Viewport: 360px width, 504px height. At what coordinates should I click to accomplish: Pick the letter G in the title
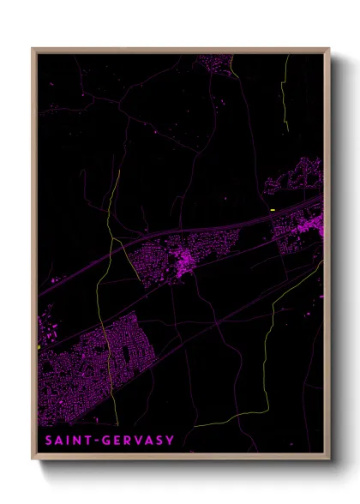point(105,441)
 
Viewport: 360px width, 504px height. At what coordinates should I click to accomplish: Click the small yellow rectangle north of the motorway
point(272,209)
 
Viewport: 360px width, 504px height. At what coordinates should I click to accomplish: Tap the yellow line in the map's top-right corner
point(285,94)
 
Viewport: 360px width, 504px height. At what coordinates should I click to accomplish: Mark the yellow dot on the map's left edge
point(39,346)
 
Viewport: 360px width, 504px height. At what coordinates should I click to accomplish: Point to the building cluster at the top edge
point(214,63)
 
